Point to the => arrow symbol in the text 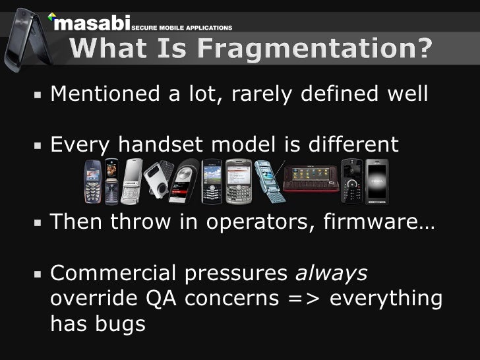304,299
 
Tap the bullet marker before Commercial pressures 39,273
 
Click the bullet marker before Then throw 39,222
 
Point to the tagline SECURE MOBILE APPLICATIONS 183,29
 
